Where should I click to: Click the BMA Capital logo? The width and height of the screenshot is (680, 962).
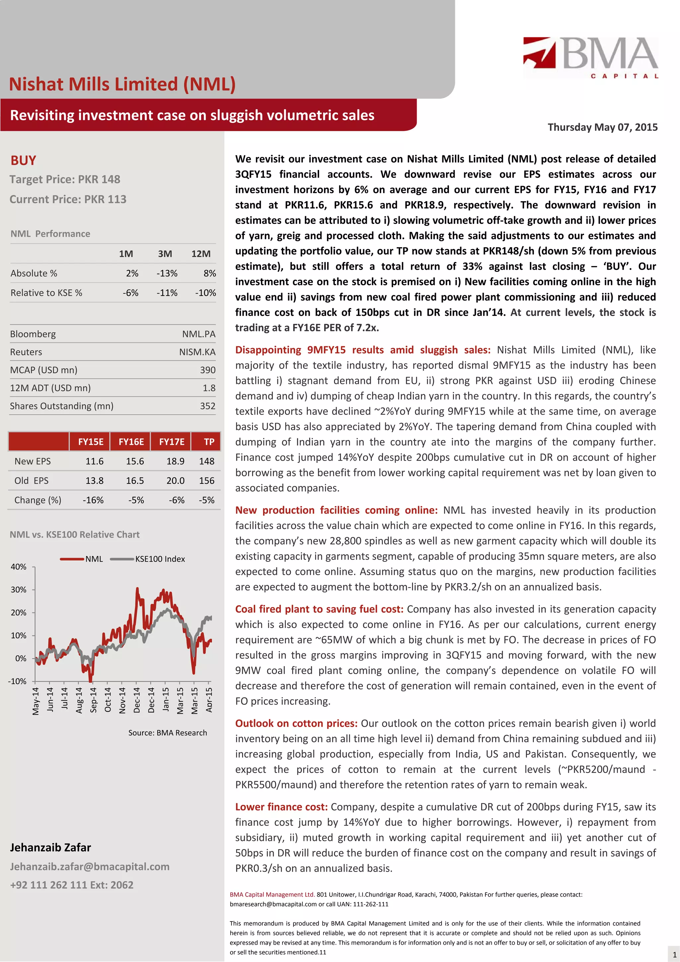pos(590,57)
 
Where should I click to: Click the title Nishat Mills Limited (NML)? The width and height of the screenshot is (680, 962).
pos(122,84)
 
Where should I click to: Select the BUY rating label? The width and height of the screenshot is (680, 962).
pos(24,160)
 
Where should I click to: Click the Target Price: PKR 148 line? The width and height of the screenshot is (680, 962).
pos(65,179)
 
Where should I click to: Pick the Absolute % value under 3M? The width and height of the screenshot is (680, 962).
pos(167,273)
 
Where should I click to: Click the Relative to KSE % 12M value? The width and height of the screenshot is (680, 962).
pos(205,293)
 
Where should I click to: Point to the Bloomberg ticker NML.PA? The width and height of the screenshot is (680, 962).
pos(199,334)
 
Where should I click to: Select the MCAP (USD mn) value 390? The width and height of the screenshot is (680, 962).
pos(208,370)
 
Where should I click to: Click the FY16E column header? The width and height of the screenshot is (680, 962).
pos(131,442)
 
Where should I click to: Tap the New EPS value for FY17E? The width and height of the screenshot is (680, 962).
pos(175,461)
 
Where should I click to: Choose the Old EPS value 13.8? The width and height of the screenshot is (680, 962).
pos(94,481)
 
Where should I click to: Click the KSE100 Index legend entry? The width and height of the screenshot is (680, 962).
pos(160,559)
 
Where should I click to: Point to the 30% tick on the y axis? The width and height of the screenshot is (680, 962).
pos(19,589)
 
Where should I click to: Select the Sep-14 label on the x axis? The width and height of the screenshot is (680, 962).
pos(93,699)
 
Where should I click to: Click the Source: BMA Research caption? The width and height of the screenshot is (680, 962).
pos(168,733)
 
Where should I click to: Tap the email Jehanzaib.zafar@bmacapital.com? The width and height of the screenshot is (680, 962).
pos(90,866)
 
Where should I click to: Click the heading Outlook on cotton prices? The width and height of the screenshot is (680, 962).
pos(296,723)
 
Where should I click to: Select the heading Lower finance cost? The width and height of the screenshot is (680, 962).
pos(281,807)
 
